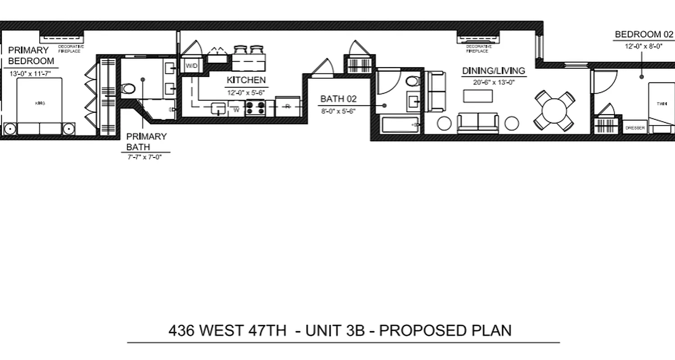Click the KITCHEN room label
(x=246, y=81)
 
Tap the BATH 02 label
(x=338, y=99)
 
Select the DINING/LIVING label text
(x=494, y=71)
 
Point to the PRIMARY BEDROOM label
(x=31, y=56)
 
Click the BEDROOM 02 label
(x=644, y=35)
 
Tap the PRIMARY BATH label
(x=146, y=142)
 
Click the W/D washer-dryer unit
(x=191, y=66)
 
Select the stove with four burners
(x=255, y=108)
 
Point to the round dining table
(x=554, y=110)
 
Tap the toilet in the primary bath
(x=128, y=89)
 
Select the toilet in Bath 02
(x=412, y=81)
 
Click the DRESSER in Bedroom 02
(x=635, y=128)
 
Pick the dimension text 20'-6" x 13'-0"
(x=493, y=82)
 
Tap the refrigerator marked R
(x=287, y=107)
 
